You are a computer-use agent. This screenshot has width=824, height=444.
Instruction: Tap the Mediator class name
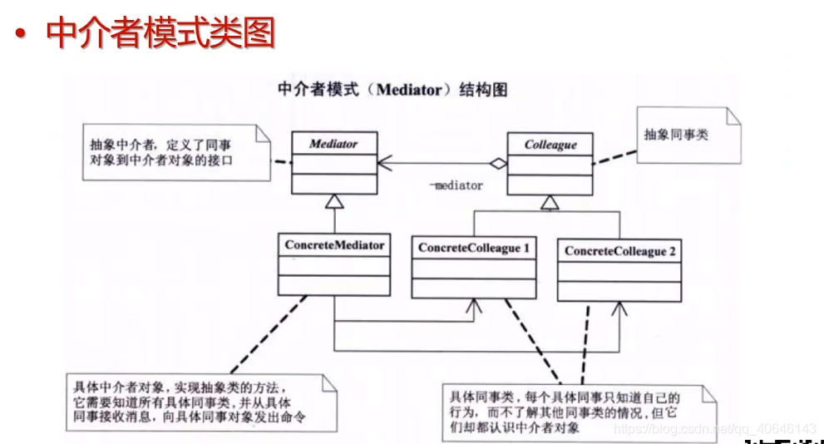point(333,144)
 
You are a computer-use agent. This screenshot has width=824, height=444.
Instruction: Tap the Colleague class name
point(550,145)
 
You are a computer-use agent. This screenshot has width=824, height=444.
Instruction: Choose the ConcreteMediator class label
point(334,245)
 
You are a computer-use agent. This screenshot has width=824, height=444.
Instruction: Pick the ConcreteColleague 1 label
point(474,248)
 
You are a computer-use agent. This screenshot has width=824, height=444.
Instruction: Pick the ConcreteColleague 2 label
point(619,250)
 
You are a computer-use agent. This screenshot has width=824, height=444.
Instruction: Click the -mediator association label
point(456,185)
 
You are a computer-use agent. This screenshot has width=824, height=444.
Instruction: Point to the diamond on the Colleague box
point(497,165)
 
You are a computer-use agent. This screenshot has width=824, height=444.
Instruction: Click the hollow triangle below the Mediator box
point(333,201)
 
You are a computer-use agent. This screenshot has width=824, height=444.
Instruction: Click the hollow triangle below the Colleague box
point(550,201)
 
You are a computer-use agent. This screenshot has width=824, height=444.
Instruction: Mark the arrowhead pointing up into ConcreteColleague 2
point(618,308)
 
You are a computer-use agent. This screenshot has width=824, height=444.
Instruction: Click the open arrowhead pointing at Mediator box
point(385,165)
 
